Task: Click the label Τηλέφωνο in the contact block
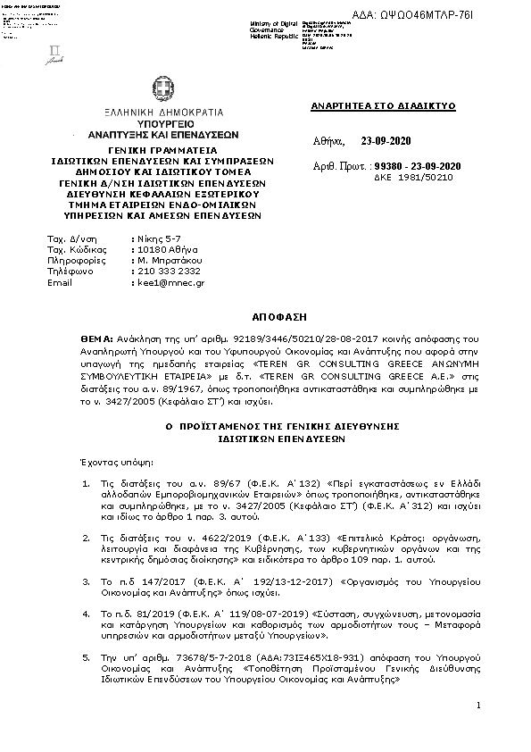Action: pyautogui.click(x=68, y=270)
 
